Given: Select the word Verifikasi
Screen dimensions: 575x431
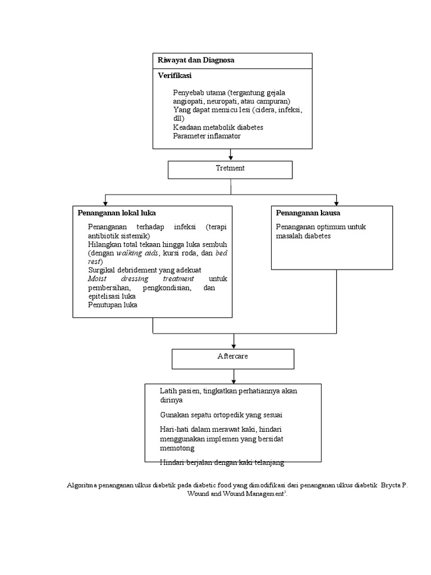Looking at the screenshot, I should pyautogui.click(x=175, y=75).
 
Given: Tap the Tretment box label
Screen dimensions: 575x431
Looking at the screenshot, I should pyautogui.click(x=230, y=168).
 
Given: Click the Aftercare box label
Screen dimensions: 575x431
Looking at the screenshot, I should pyautogui.click(x=232, y=357).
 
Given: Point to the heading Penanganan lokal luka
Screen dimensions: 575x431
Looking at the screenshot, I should pyautogui.click(x=117, y=213).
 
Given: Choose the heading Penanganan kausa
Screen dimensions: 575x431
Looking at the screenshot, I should pyautogui.click(x=308, y=213).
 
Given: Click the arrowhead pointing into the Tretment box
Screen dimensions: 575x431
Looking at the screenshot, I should pyautogui.click(x=231, y=158).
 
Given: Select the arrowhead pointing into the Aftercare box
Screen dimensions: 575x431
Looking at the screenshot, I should pyautogui.click(x=233, y=345).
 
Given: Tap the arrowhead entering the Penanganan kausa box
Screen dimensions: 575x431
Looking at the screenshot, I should pyautogui.click(x=336, y=202).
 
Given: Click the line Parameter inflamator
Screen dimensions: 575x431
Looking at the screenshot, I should pyautogui.click(x=207, y=136).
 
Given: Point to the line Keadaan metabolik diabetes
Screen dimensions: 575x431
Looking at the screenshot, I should pyautogui.click(x=218, y=127).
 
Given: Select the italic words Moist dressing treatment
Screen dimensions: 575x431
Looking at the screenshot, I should pyautogui.click(x=141, y=279).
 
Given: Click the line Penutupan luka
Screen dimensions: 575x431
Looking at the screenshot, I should pyautogui.click(x=112, y=305).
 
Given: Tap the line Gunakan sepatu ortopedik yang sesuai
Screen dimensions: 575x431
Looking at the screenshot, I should pyautogui.click(x=221, y=414).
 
